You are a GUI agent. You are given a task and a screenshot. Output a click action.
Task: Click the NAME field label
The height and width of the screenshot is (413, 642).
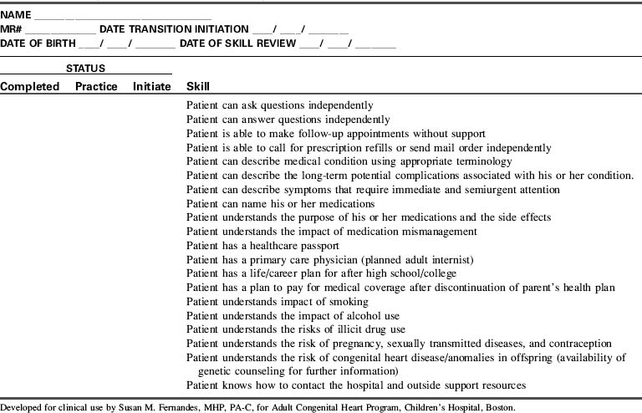16,16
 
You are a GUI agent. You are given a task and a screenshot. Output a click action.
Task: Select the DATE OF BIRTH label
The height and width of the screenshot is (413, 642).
37,43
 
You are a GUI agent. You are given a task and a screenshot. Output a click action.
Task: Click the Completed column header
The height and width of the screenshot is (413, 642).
30,86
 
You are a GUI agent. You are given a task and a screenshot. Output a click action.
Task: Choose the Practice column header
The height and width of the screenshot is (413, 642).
96,86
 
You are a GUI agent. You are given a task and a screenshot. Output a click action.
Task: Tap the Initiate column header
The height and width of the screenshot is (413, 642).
151,86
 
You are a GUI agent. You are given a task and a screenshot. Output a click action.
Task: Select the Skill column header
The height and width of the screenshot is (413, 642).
198,86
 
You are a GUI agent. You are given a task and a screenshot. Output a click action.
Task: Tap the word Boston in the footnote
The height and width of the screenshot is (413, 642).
499,408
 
